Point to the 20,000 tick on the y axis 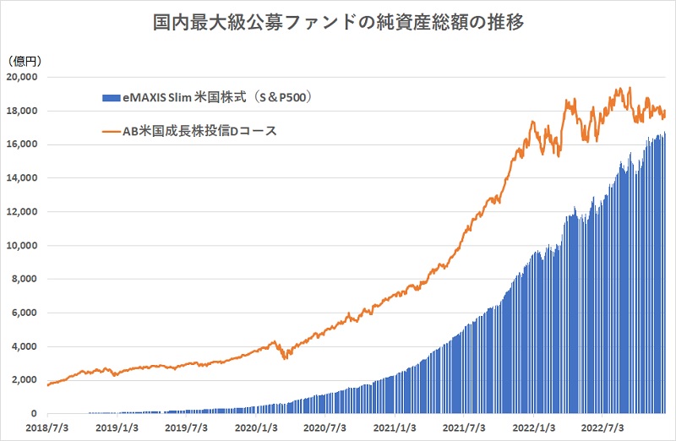click(x=23, y=77)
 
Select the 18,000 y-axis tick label click(x=23, y=111)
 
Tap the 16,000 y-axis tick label click(x=23, y=144)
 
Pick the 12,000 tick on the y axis click(x=23, y=212)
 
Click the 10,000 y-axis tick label click(x=23, y=246)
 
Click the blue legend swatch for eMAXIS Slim click(x=110, y=98)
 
